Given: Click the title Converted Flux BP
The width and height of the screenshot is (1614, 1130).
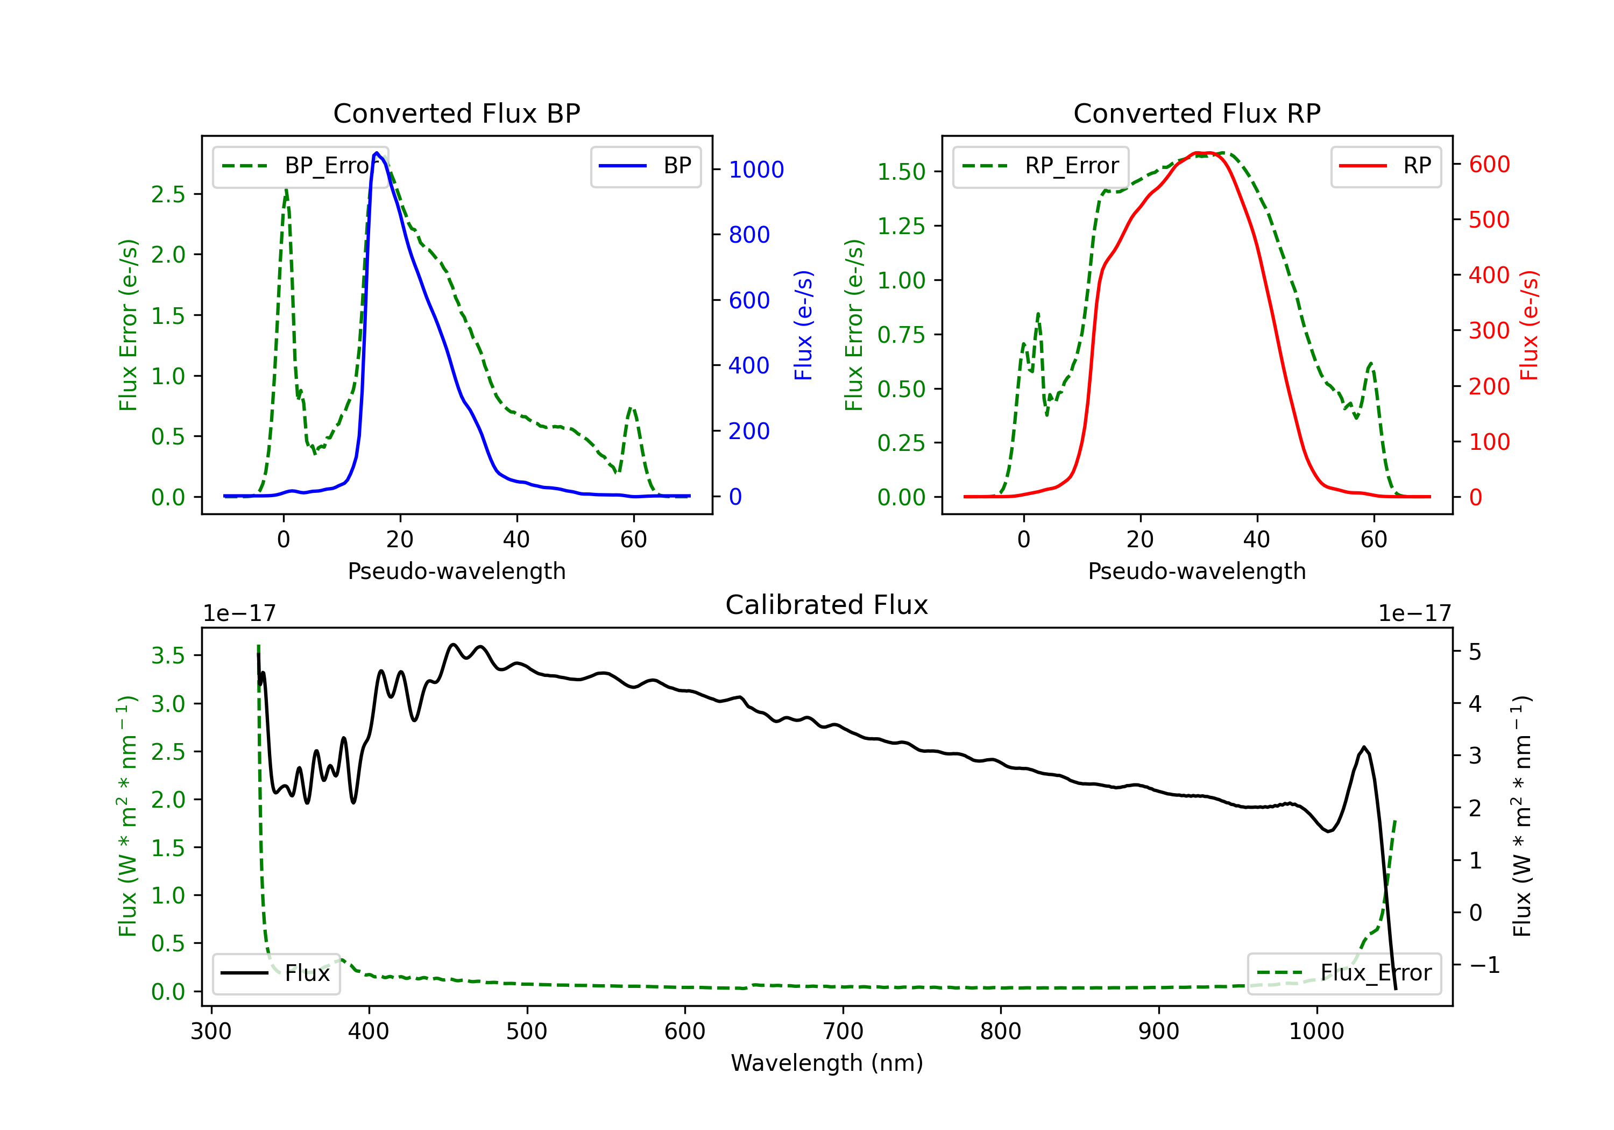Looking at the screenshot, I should coord(456,113).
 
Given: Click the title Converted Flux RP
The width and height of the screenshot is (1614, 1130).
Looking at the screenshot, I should coord(1197,113).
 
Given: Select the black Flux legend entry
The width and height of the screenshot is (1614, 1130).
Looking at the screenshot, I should coord(277,973).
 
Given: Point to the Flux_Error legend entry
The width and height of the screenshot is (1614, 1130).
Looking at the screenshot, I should coord(1344,973).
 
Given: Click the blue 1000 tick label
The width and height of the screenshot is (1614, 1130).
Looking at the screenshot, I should coord(756,169).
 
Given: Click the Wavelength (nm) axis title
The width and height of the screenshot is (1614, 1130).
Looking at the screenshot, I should coord(827,1063).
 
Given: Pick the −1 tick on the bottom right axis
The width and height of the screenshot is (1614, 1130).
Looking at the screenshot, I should coord(1483,965).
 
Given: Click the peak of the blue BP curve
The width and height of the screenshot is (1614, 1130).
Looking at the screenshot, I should coord(377,153).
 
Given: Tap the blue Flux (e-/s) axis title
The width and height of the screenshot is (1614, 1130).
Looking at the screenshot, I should coord(803,325).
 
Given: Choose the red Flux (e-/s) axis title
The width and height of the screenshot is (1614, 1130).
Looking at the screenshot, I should coord(1529,325).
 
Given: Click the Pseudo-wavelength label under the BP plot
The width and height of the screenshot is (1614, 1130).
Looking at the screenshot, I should coord(456,571).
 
